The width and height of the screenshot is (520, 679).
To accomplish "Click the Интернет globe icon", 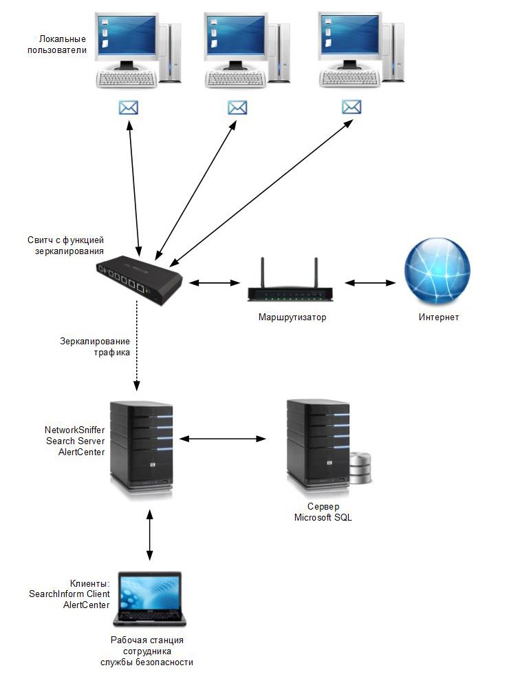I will tap(438, 272).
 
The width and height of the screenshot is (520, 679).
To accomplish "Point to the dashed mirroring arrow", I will tap(138, 351).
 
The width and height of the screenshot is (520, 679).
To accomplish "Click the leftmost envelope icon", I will tap(129, 108).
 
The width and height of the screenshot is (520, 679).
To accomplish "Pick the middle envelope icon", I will tap(237, 108).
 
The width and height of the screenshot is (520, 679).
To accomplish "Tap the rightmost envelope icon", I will tap(351, 107).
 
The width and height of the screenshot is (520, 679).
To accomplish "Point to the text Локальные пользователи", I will tap(63, 45).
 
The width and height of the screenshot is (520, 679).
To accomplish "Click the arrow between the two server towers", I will tap(223, 438).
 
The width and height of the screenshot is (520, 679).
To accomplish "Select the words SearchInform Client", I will tap(69, 594).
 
